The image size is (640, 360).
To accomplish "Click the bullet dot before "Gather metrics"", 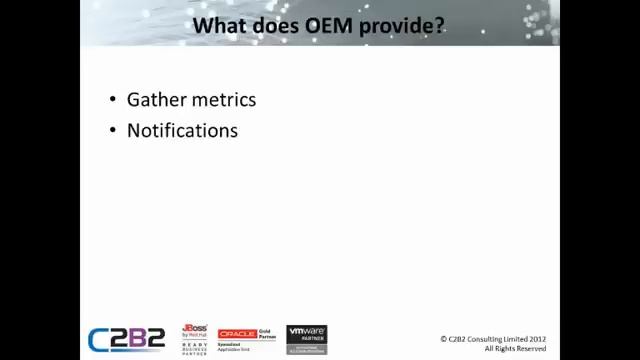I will coord(112,100).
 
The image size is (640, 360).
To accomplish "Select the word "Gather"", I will coord(154,100).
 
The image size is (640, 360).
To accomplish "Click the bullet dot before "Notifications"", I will coord(112,131).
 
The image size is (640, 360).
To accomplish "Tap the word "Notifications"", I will coord(182,131).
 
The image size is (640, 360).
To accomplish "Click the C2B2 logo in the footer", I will coord(126,339).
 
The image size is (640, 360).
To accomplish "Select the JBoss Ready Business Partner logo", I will coord(195,339).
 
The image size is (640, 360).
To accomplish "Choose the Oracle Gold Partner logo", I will coord(247,338).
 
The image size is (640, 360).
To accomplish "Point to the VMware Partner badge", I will coord(307,339).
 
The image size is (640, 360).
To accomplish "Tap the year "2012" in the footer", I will coord(536,339).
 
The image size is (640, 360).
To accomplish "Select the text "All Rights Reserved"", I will coord(515,348).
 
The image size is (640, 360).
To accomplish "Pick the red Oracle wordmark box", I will coord(238,334).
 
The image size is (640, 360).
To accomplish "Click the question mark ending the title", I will coord(439,24).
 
